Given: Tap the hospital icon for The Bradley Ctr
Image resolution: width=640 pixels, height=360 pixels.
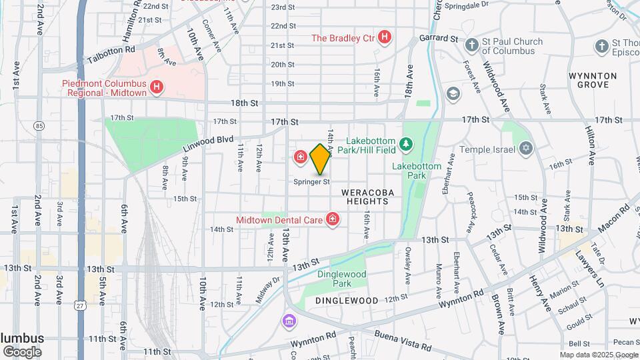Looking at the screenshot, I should [x=384, y=37].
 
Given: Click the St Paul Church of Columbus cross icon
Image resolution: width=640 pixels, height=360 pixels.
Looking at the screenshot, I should [x=472, y=45].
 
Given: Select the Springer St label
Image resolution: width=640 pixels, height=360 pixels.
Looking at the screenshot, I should [x=312, y=181].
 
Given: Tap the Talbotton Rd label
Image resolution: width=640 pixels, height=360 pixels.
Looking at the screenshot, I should [x=111, y=49].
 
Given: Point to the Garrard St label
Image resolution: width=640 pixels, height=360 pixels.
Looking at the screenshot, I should [x=439, y=39].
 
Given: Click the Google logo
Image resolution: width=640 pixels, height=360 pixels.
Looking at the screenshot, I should [x=22, y=351].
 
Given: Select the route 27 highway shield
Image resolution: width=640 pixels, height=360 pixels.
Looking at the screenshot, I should [x=80, y=305].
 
